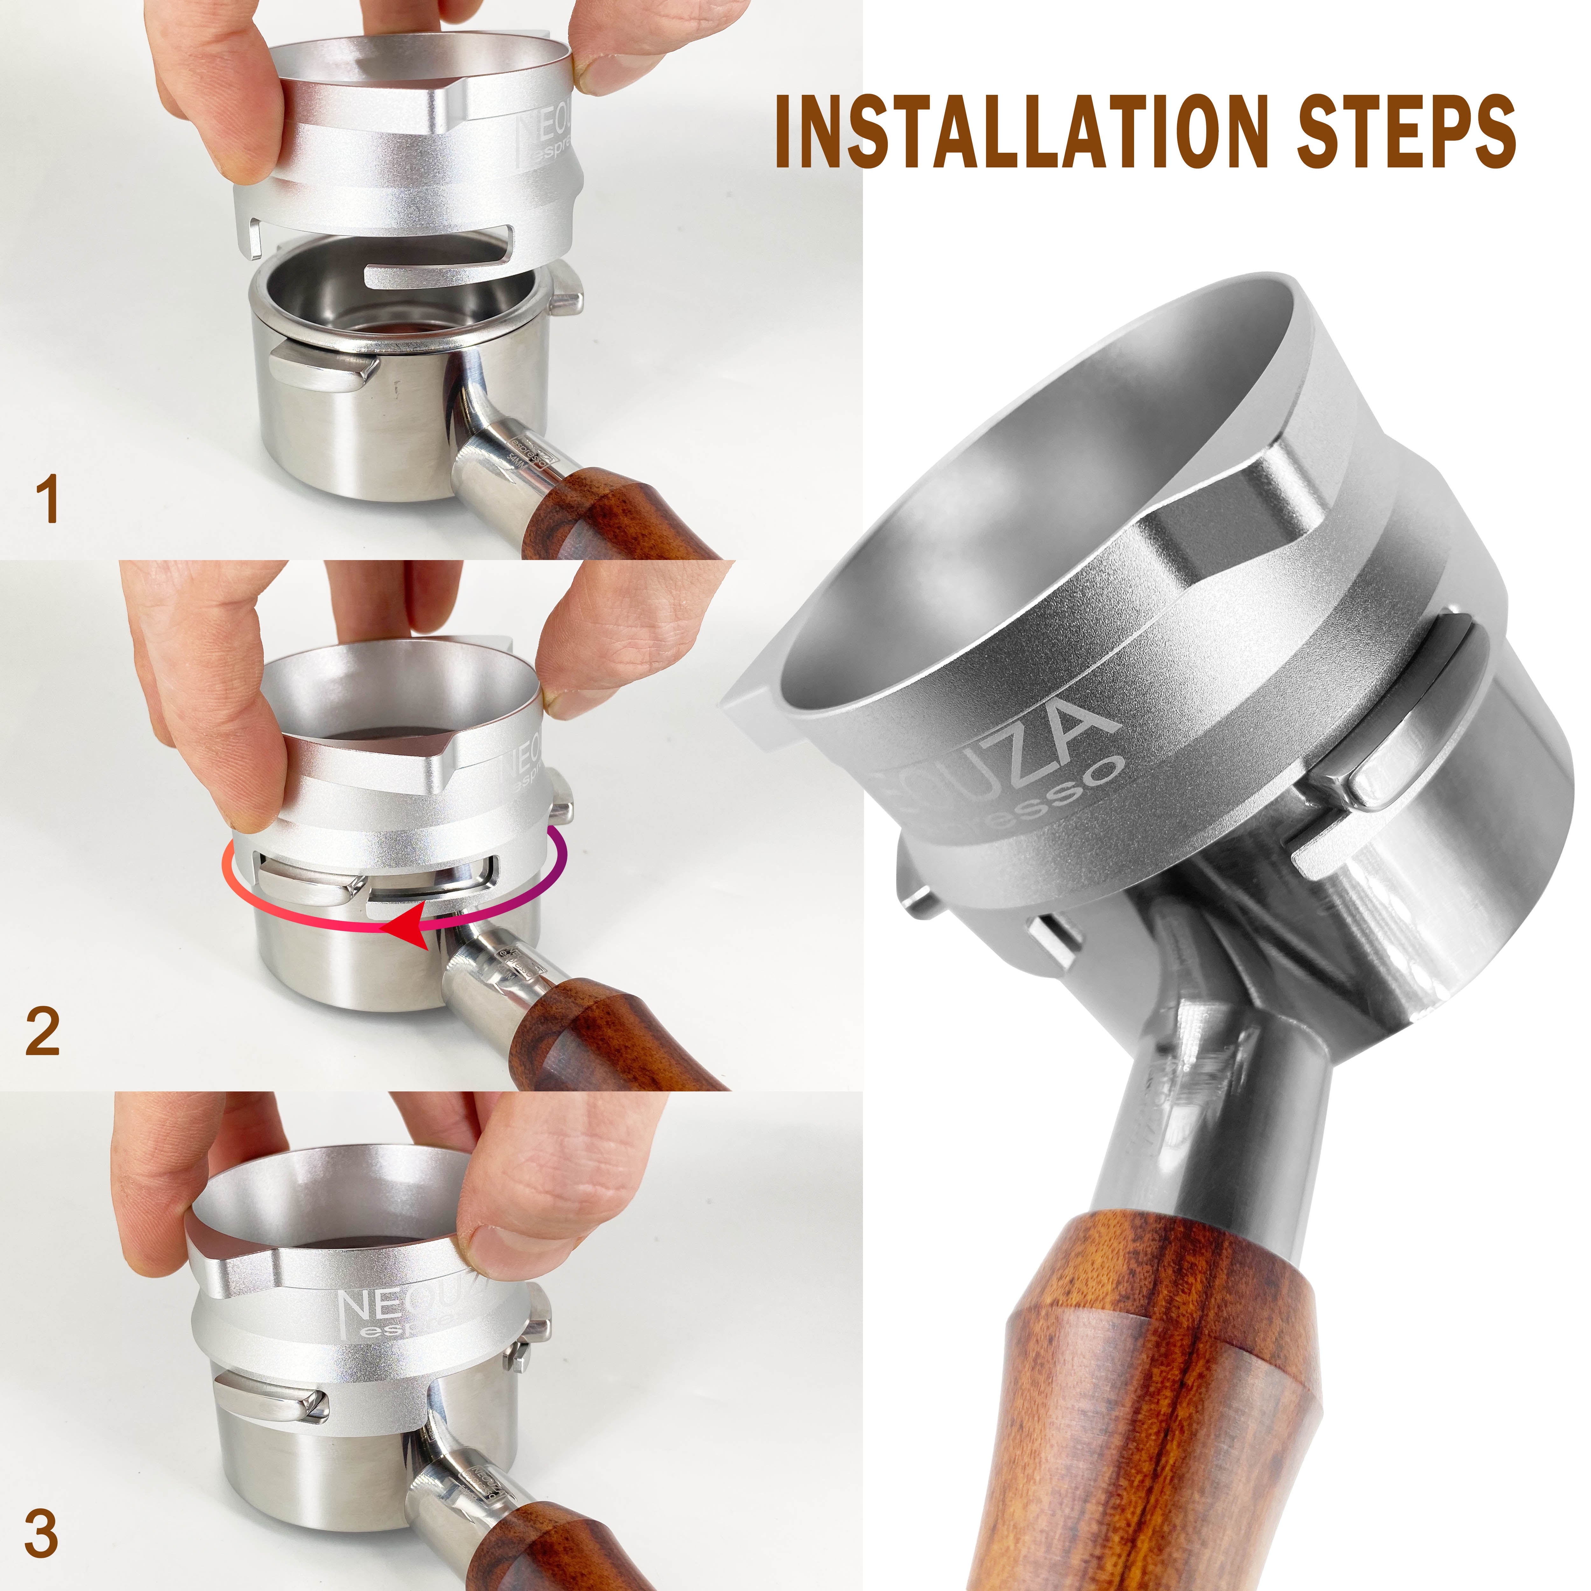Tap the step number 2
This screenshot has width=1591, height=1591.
[x=43, y=1031]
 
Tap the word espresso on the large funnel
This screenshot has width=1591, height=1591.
[x=1038, y=803]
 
